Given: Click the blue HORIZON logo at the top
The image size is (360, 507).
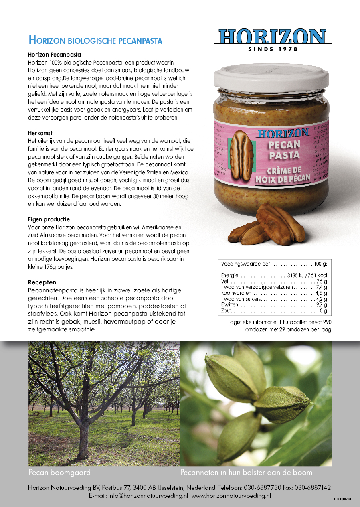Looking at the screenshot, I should [x=273, y=37].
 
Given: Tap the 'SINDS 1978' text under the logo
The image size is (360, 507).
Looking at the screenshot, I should [x=273, y=49].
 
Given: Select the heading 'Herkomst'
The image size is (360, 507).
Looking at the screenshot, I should [x=40, y=133].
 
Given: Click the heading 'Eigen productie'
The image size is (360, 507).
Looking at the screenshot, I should [x=49, y=219].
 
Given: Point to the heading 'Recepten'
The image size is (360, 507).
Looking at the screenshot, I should [x=42, y=282].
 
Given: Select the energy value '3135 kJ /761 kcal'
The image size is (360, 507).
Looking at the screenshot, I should [x=307, y=276].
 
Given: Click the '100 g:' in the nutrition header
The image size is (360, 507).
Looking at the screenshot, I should [x=321, y=264].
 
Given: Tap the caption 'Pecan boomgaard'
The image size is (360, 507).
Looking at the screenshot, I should [x=60, y=473].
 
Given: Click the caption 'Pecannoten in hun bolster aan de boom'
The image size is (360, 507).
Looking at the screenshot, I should [x=246, y=473].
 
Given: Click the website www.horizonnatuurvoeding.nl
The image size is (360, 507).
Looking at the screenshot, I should [x=231, y=496].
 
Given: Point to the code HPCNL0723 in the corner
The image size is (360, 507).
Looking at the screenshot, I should [x=342, y=499].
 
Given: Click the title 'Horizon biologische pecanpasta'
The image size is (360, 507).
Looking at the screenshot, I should [x=95, y=41].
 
